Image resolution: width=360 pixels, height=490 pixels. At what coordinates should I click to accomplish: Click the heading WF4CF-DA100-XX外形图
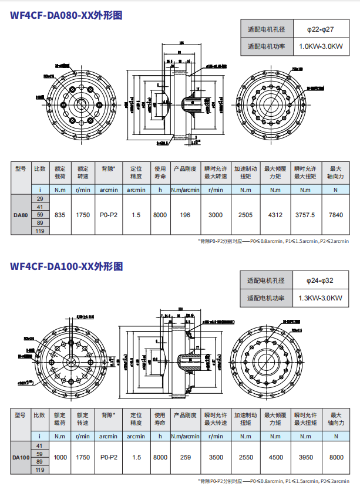[x=66, y=266]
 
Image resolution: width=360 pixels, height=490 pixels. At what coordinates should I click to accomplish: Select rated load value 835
[x=59, y=215]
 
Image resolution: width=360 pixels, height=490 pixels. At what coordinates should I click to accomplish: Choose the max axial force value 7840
[x=336, y=215]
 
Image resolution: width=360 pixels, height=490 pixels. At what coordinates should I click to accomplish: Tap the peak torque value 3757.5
[x=305, y=215]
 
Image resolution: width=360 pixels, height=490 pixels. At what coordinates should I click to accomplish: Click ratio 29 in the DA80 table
[x=40, y=200]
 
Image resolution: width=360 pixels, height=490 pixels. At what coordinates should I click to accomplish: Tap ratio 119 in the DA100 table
[x=40, y=470]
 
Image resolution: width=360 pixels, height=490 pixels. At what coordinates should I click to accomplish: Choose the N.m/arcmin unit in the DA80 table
[x=185, y=190]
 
